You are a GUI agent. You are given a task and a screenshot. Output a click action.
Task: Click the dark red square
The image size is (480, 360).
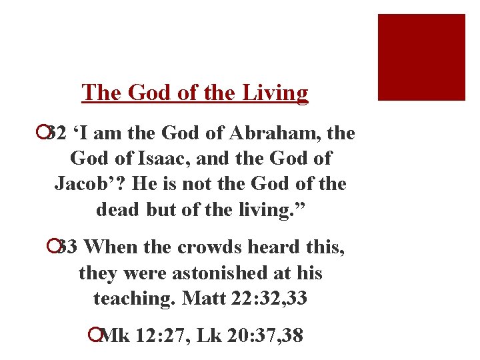(x=421, y=57)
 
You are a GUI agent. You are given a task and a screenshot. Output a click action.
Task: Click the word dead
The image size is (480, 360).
(x=117, y=209)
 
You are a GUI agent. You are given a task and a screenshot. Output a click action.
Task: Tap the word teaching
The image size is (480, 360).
(x=132, y=298)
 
